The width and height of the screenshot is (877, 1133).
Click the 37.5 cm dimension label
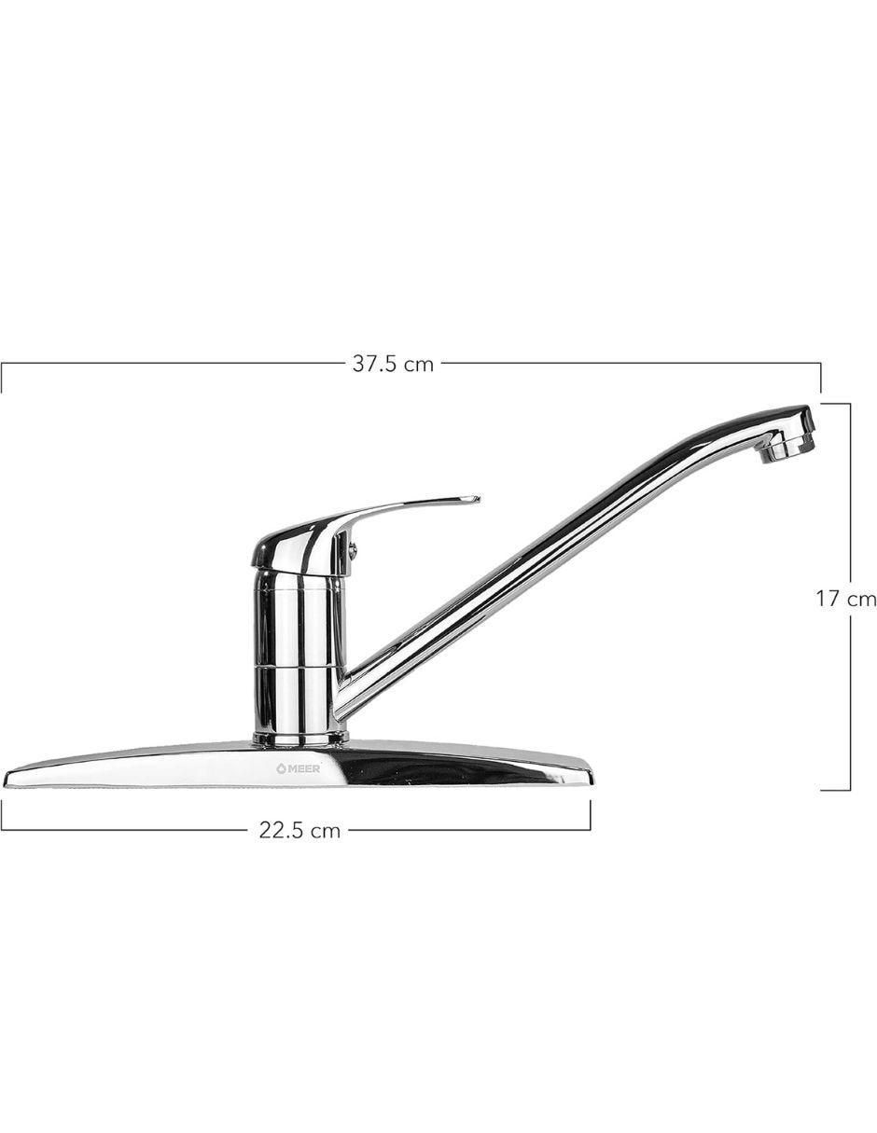[393, 364]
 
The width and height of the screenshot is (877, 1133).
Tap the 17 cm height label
[845, 599]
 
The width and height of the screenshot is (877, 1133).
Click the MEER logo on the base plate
[299, 767]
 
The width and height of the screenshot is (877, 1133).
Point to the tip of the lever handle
[479, 499]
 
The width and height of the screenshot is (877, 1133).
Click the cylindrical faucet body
[299, 652]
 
